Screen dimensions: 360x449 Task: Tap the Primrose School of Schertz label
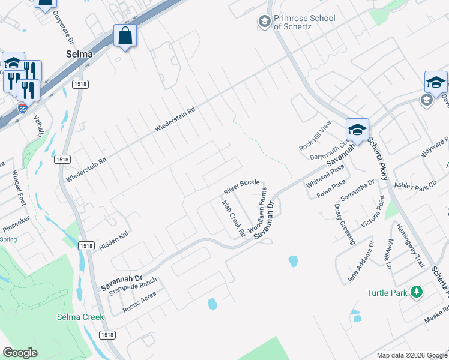pos(304,22)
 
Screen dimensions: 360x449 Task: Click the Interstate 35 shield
pos(22,109)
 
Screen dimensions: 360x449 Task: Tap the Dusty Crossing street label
pos(344,223)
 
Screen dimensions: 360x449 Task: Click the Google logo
pos(20,353)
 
